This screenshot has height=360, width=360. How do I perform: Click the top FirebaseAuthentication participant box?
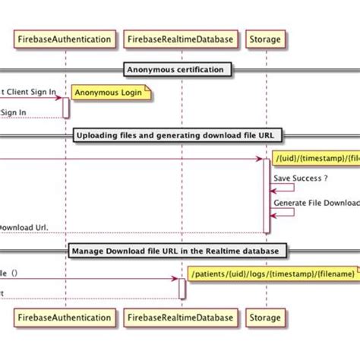click(x=65, y=38)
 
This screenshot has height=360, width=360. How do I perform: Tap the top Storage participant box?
click(x=265, y=38)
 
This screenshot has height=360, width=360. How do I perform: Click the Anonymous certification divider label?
click(x=175, y=70)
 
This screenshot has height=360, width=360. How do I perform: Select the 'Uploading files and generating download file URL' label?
click(x=178, y=136)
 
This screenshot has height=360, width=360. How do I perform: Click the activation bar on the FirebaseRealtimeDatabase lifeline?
click(x=182, y=289)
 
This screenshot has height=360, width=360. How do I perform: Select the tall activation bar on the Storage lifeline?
click(x=266, y=195)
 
